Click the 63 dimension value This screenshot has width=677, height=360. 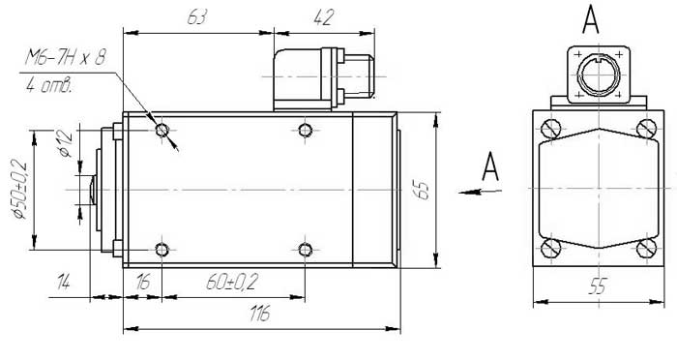tap(197, 17)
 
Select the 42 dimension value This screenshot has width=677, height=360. tap(324, 17)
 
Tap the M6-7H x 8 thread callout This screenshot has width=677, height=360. tap(65, 57)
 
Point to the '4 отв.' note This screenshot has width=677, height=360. tap(48, 86)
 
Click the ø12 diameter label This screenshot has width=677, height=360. tap(65, 142)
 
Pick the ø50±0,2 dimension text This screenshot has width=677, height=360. tap(19, 190)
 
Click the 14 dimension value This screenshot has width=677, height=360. tap(63, 284)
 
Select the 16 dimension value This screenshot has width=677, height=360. tap(142, 283)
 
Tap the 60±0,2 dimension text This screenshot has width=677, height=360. tap(232, 283)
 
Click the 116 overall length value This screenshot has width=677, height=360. tap(260, 314)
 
